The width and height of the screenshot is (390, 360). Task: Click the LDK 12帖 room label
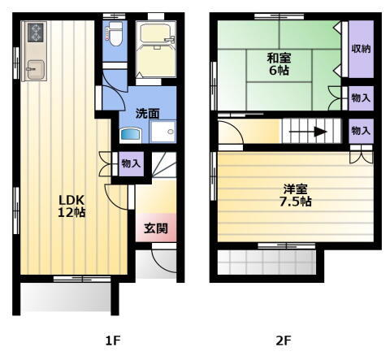[71, 206]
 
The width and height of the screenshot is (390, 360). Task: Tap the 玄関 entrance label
[156, 228]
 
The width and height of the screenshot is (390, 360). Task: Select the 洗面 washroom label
[147, 113]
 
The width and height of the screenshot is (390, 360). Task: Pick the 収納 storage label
[361, 49]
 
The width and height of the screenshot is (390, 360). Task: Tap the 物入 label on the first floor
[131, 163]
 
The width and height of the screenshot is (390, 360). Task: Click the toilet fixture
[115, 35]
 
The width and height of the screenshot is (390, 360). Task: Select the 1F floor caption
[113, 340]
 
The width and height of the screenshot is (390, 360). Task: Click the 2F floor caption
[283, 340]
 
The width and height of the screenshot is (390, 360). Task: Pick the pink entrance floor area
[156, 229]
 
